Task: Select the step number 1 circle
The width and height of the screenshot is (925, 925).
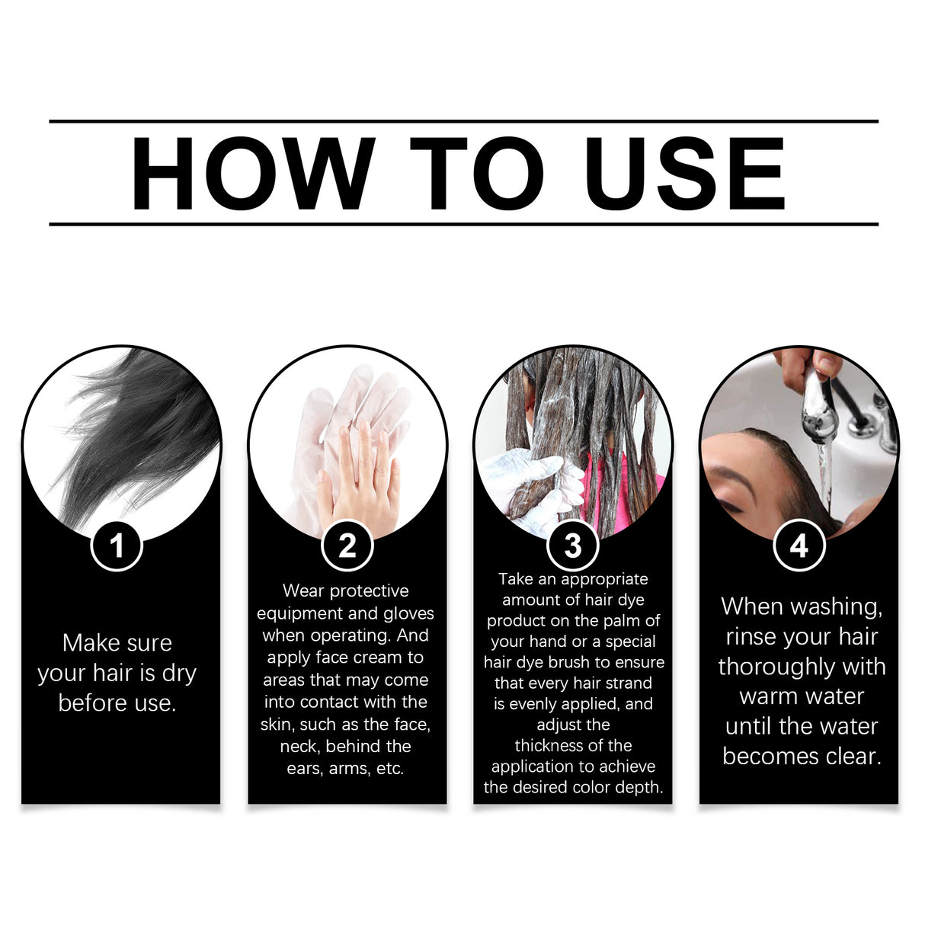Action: click(x=117, y=546)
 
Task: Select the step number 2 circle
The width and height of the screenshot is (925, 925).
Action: click(x=347, y=546)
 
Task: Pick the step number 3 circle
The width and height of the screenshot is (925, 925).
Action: click(x=573, y=546)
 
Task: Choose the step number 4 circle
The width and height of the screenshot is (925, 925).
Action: click(x=799, y=546)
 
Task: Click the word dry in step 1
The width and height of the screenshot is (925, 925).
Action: click(x=179, y=674)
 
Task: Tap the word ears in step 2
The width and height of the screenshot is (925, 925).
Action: click(x=304, y=768)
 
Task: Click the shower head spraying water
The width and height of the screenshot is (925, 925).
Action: click(x=818, y=404)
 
